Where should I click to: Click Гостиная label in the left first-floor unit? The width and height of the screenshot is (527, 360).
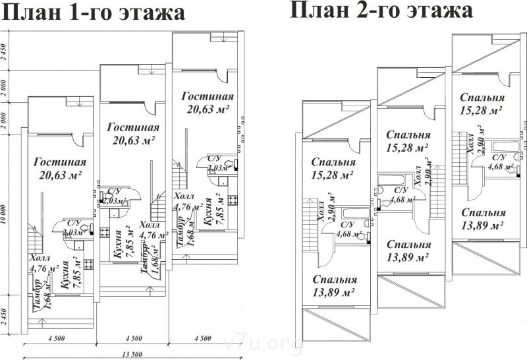[58, 162]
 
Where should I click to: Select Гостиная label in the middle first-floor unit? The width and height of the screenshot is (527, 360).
[132, 127]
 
